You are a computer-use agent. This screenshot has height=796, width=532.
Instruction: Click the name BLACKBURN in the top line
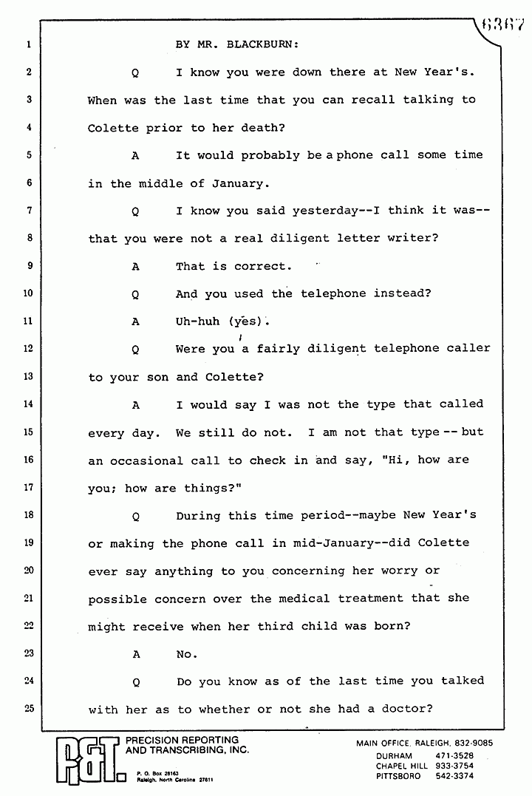pyautogui.click(x=259, y=44)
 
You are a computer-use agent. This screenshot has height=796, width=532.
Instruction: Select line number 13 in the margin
pyautogui.click(x=28, y=376)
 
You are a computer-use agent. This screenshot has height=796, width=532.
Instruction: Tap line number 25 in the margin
pyautogui.click(x=28, y=708)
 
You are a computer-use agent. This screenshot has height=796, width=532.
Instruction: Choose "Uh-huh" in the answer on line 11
pyautogui.click(x=197, y=322)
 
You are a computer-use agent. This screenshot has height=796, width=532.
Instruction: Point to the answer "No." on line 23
pyautogui.click(x=186, y=654)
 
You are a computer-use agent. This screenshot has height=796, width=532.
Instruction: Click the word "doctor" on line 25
pyautogui.click(x=405, y=710)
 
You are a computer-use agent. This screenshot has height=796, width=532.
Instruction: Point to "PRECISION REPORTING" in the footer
pyautogui.click(x=183, y=740)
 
